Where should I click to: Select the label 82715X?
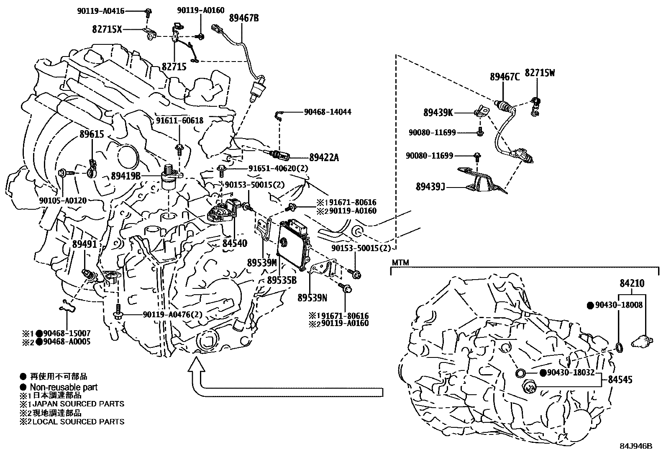(x=108, y=29)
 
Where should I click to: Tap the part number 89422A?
(x=324, y=158)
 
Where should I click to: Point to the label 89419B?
(x=126, y=176)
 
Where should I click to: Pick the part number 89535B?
(x=282, y=280)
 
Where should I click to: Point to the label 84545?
(x=620, y=380)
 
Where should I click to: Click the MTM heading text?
(x=400, y=263)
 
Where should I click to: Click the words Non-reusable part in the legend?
(x=64, y=387)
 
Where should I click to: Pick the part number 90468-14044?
(x=328, y=112)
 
